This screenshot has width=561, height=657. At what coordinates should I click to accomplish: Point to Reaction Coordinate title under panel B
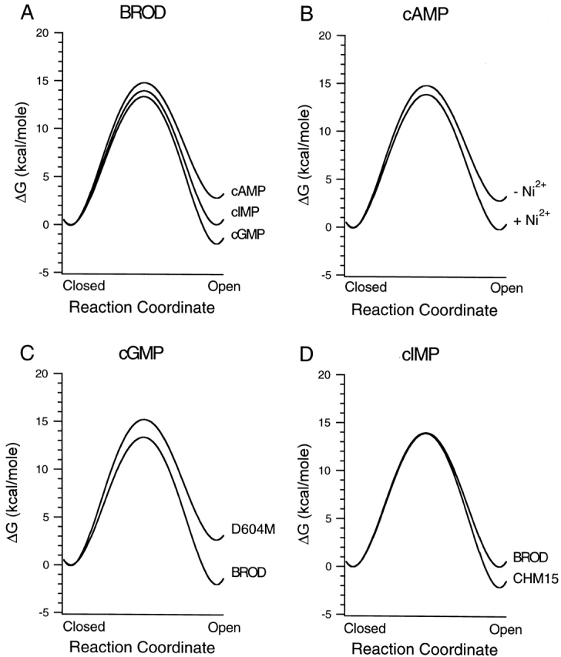coord(425,311)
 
